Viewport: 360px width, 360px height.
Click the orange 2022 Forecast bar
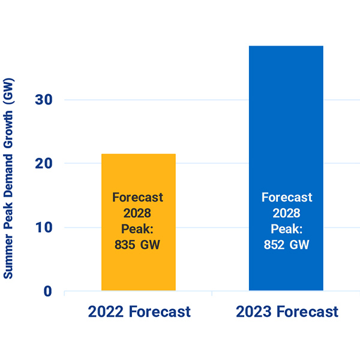[x=138, y=264]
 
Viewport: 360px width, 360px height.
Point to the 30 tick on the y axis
[x=44, y=100]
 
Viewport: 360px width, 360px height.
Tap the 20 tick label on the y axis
[x=44, y=163]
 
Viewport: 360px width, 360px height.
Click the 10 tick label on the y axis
[x=44, y=227]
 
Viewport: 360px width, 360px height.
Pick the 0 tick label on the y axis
[x=48, y=292]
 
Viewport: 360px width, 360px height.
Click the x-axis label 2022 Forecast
[x=139, y=312]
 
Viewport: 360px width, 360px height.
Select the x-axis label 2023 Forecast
[x=287, y=312]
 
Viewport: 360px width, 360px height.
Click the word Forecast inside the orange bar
[x=138, y=197]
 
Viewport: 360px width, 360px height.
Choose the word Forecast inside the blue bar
[x=287, y=197]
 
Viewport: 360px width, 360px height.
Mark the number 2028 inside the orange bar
[x=138, y=213]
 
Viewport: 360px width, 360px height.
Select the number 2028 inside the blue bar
[x=287, y=213]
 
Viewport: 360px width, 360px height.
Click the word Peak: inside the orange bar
[x=138, y=229]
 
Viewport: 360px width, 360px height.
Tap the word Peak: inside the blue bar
[x=287, y=229]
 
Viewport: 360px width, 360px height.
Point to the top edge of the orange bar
[x=138, y=154]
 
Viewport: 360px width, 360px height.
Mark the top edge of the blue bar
[x=286, y=46]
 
